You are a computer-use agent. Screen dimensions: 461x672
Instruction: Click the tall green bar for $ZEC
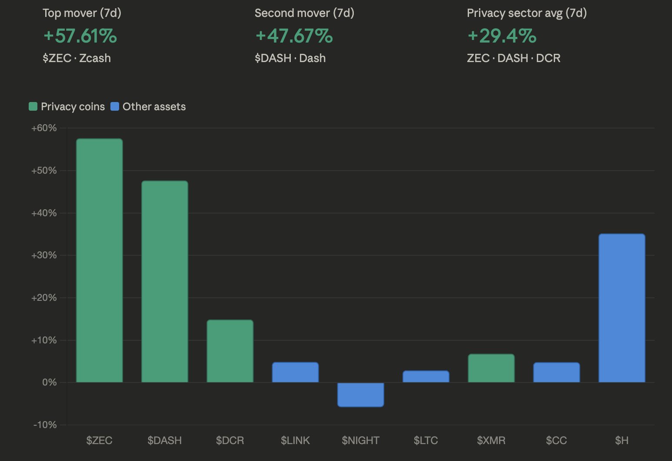(100, 260)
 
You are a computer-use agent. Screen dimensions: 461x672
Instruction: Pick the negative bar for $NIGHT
(361, 395)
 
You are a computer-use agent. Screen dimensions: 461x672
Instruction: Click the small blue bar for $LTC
(426, 376)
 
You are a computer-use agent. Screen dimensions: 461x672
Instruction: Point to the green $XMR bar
(491, 368)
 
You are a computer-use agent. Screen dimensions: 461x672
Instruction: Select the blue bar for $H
(622, 308)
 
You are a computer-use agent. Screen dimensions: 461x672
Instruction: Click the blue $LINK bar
(296, 372)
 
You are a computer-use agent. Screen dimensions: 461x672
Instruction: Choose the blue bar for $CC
(556, 372)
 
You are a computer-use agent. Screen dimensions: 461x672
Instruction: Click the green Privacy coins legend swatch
(33, 106)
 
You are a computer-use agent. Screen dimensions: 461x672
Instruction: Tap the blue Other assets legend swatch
(115, 106)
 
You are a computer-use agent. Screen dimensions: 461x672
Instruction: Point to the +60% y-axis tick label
(44, 128)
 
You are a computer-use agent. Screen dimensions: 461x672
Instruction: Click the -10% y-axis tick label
(45, 425)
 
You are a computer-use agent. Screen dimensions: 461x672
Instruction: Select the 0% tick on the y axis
(50, 382)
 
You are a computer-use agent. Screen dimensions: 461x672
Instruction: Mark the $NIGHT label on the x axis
(361, 441)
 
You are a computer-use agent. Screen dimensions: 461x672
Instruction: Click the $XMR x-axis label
(491, 441)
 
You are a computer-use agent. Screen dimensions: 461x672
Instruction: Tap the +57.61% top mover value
(80, 36)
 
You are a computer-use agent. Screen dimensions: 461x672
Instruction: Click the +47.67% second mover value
(294, 36)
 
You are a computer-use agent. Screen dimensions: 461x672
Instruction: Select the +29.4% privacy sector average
(502, 36)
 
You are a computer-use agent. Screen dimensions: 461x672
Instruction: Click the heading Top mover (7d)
(82, 13)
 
